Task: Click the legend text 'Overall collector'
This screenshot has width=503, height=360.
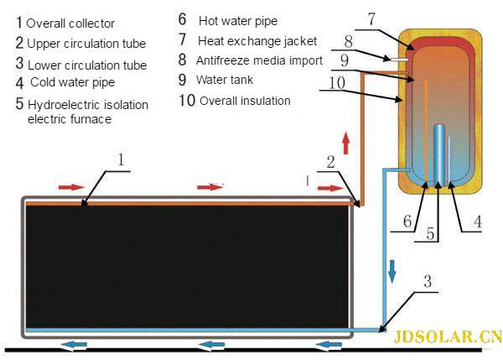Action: (x=70, y=23)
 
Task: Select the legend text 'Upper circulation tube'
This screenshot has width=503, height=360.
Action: (x=86, y=44)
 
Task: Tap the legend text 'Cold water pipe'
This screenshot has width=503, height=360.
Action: (x=72, y=82)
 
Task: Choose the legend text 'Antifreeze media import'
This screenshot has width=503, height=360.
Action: (x=258, y=60)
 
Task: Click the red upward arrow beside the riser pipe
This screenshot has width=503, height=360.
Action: (x=345, y=141)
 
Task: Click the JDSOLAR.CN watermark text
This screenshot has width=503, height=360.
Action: (x=447, y=337)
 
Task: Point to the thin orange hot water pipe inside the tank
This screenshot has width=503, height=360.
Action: (x=426, y=126)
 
